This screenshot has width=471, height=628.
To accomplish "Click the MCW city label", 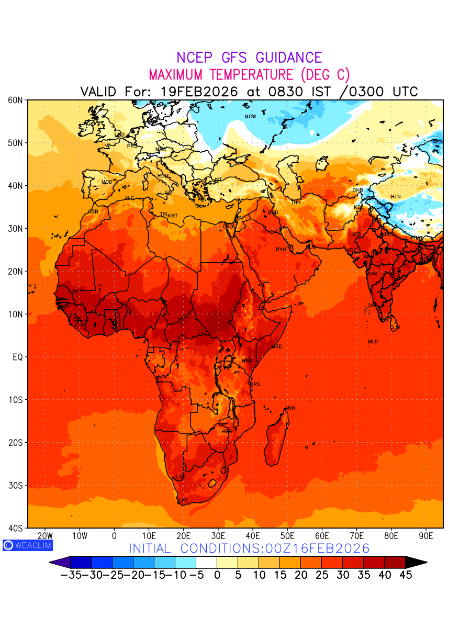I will [x=250, y=116].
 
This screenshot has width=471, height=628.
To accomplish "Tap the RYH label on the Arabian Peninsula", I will [x=281, y=250].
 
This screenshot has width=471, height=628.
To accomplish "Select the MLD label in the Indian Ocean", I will [x=373, y=342].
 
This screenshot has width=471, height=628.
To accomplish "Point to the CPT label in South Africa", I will [x=183, y=501].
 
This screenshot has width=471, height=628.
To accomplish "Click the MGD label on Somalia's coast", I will [x=277, y=347].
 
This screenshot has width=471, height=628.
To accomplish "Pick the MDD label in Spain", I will [x=107, y=182].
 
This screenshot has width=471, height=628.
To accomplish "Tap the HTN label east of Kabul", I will [x=396, y=197].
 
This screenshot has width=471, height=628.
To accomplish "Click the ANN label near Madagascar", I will [x=290, y=408].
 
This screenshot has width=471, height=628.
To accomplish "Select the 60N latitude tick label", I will [x=15, y=100].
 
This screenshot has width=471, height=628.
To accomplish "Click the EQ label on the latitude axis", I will [x=17, y=357].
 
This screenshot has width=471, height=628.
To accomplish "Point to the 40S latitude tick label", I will [x=15, y=528].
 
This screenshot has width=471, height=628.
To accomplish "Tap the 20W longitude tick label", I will [x=46, y=536].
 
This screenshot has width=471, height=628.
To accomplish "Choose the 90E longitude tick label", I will [x=426, y=536].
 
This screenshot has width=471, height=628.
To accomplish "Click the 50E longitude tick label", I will [x=287, y=536].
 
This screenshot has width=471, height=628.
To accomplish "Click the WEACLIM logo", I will [x=27, y=545].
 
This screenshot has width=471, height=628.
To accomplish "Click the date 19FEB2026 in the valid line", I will [x=199, y=92].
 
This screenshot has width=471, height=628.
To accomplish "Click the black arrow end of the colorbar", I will [x=416, y=563].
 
